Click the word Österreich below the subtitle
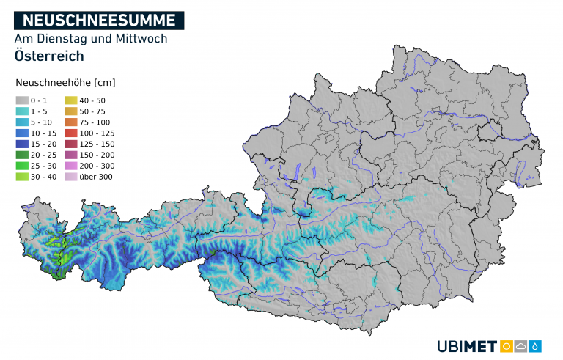click(x=48, y=56)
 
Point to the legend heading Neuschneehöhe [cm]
click(x=65, y=82)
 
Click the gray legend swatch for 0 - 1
click(x=21, y=100)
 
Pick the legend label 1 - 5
click(x=38, y=111)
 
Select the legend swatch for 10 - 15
click(x=21, y=133)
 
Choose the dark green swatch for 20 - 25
click(x=21, y=155)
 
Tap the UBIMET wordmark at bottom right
click(x=466, y=346)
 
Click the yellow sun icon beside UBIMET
click(x=506, y=346)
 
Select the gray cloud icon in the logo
click(x=521, y=346)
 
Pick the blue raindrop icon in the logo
click(x=536, y=346)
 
